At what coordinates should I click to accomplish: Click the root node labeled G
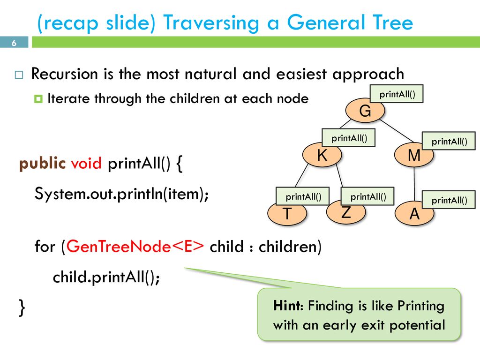click(x=365, y=111)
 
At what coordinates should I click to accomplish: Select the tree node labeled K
click(x=322, y=155)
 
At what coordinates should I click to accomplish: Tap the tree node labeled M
click(x=414, y=155)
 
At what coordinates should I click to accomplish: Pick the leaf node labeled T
click(x=287, y=214)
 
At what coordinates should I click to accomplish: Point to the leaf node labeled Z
click(x=346, y=212)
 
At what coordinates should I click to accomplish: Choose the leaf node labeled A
click(x=414, y=213)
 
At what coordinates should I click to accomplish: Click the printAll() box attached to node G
click(x=397, y=94)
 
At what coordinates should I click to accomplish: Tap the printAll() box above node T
click(x=303, y=196)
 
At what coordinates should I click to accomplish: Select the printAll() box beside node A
click(x=449, y=200)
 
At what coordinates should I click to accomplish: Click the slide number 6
click(x=14, y=43)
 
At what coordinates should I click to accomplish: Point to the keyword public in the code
click(x=42, y=164)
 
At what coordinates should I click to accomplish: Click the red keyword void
click(x=86, y=163)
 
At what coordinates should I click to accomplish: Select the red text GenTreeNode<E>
click(x=135, y=246)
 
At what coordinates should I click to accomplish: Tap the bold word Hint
click(x=287, y=306)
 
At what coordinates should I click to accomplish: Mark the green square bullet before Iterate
click(x=38, y=99)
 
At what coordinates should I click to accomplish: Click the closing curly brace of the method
click(x=22, y=307)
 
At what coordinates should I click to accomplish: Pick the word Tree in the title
click(x=393, y=22)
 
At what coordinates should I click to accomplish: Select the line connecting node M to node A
click(x=414, y=184)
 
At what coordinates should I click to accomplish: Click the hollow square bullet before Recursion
click(x=19, y=75)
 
